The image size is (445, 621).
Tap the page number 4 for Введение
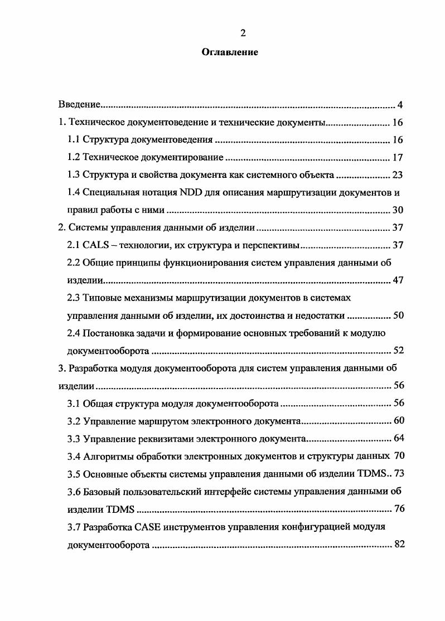click(x=400, y=105)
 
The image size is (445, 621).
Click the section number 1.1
click(x=74, y=140)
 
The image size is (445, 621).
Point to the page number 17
click(x=397, y=158)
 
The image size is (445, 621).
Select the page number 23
click(x=397, y=175)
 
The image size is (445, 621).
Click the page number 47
click(x=397, y=280)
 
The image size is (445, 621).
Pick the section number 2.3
click(x=74, y=298)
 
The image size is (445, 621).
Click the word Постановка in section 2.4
click(x=108, y=333)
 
